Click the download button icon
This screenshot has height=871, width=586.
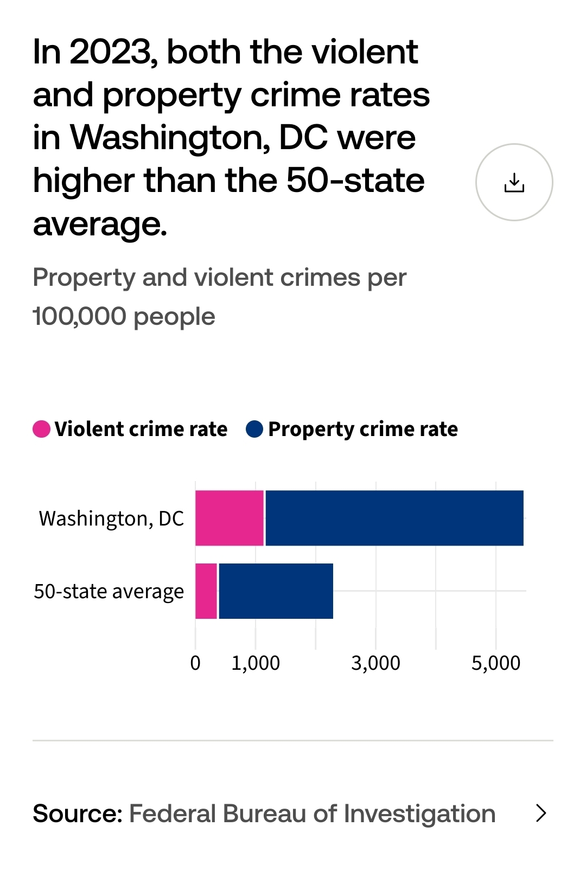(514, 182)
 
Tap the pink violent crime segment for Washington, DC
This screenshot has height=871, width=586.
(230, 518)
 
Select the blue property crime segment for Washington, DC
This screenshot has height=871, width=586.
(394, 518)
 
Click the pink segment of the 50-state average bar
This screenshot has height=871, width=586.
(206, 591)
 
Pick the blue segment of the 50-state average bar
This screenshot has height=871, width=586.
(276, 591)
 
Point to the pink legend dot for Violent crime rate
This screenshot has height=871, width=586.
(42, 429)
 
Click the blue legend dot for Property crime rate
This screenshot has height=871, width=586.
(254, 429)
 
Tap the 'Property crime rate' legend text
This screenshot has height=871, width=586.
(363, 429)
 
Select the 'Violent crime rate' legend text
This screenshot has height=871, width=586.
(141, 429)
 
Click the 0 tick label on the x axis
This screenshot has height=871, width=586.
(195, 663)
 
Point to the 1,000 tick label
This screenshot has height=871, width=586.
(256, 663)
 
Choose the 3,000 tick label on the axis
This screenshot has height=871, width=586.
(375, 663)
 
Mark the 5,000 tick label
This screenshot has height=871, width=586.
(495, 663)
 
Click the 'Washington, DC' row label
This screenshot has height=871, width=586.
(111, 519)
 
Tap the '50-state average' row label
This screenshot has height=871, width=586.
(109, 591)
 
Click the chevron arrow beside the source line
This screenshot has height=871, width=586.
(541, 813)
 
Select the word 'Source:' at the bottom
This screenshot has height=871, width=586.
(78, 814)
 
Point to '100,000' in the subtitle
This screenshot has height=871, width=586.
(79, 316)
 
